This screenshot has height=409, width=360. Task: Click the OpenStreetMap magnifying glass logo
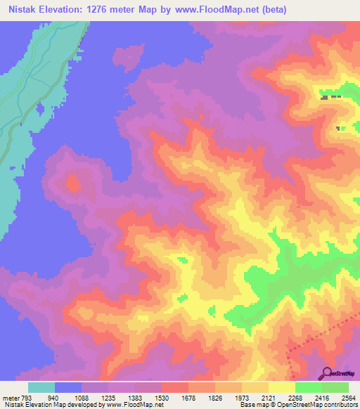326,372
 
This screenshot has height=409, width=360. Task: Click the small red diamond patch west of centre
72,185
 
